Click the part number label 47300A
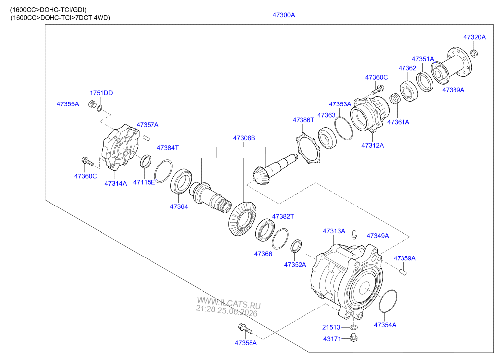[x=284, y=15]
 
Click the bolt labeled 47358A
[x=245, y=329]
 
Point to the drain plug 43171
[x=353, y=338]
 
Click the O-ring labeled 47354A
[x=388, y=301]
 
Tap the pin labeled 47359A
[x=403, y=272]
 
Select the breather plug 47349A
[x=354, y=234]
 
